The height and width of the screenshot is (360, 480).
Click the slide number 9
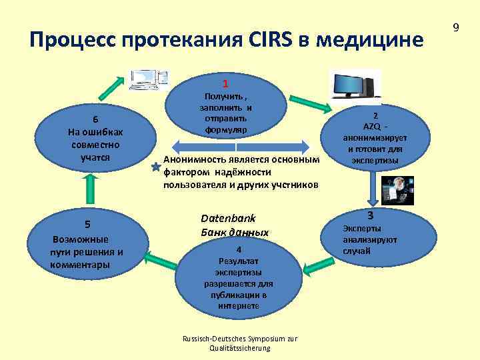tap(455, 27)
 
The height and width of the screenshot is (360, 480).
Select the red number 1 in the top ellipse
tap(226, 84)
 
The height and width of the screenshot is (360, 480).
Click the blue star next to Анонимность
tap(156, 171)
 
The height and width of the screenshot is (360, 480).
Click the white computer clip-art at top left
tap(149, 80)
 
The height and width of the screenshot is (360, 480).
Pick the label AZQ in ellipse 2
tap(371, 127)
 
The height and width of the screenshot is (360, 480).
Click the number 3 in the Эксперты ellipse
tap(370, 215)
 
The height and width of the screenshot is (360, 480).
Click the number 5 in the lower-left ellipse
tap(87, 223)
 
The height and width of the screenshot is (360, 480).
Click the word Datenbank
tap(228, 219)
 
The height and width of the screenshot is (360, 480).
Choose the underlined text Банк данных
tap(235, 233)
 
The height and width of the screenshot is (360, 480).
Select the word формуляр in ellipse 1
tap(227, 128)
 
